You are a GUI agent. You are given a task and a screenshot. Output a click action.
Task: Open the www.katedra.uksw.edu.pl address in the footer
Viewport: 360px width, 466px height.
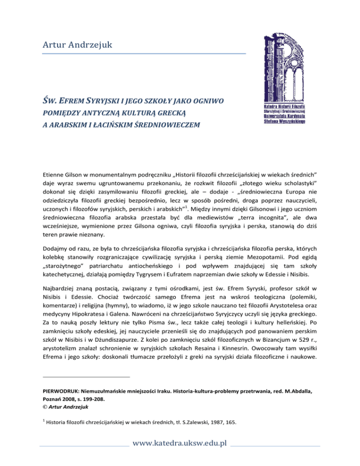(x=180, y=456)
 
